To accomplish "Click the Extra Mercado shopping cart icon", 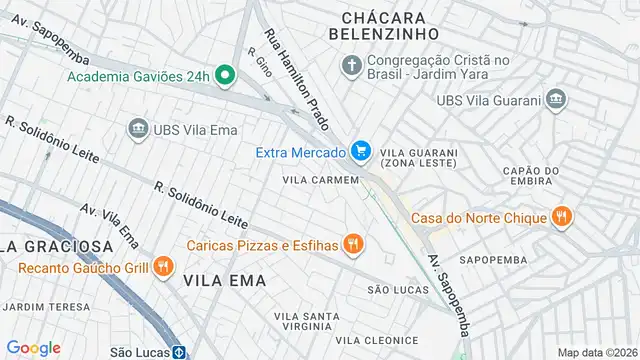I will pyautogui.click(x=361, y=152).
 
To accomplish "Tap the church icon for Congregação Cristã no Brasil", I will pyautogui.click(x=351, y=66).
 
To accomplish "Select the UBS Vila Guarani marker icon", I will pyautogui.click(x=556, y=99).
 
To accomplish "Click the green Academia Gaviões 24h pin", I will pyautogui.click(x=225, y=76).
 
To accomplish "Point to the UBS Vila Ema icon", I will pyautogui.click(x=138, y=128).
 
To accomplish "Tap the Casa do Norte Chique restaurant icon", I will pyautogui.click(x=563, y=216).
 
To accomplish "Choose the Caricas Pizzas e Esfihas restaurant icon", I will pyautogui.click(x=352, y=243).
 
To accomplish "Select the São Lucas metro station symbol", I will pyautogui.click(x=179, y=352).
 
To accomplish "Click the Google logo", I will pyautogui.click(x=34, y=347).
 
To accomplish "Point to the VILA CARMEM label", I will pyautogui.click(x=320, y=180).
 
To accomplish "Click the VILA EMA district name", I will pyautogui.click(x=225, y=281).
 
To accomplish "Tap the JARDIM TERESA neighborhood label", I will pyautogui.click(x=40, y=306).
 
